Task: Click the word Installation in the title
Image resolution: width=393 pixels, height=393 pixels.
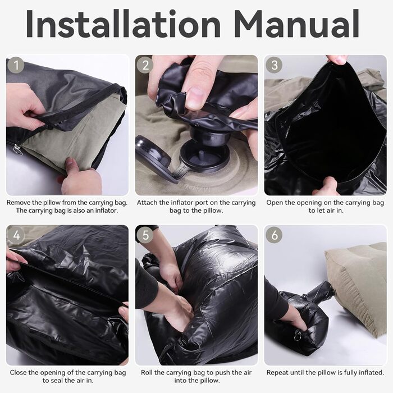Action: click(123, 24)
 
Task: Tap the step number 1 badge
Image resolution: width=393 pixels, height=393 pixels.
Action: click(16, 66)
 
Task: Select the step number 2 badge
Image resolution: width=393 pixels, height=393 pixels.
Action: click(145, 65)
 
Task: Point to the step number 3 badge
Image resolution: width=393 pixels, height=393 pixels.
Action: click(275, 65)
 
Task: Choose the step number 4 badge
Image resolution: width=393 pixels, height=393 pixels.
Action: click(16, 235)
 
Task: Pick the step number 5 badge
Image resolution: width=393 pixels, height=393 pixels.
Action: click(145, 235)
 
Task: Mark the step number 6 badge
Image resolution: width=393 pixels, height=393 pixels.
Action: click(274, 235)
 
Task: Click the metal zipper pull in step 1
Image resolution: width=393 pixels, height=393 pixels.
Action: click(17, 150)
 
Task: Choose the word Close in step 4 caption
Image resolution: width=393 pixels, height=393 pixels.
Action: click(19, 372)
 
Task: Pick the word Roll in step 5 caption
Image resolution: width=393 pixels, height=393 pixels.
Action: click(147, 372)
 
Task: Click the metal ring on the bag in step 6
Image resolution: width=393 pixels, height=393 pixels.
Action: click(298, 335)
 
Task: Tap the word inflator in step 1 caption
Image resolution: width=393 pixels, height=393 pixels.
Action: click(106, 211)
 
